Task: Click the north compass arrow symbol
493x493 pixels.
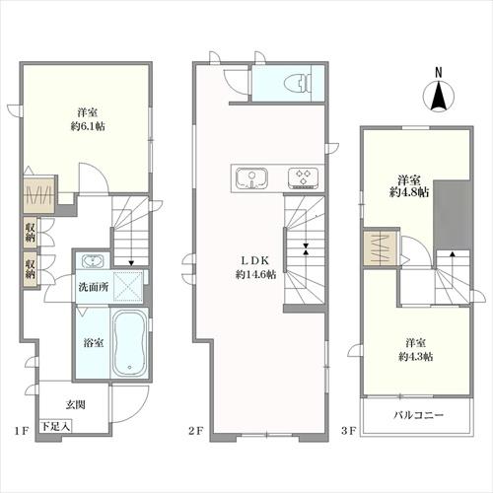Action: click(438, 96)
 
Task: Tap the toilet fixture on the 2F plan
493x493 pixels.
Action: click(299, 83)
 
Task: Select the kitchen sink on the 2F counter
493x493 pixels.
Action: click(252, 178)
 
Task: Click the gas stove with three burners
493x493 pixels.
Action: click(303, 178)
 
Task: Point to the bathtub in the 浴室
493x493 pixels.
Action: click(129, 342)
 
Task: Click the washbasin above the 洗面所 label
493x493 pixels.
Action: click(93, 260)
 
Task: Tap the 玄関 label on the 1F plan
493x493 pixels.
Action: click(76, 404)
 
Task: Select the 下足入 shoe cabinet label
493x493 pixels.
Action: click(55, 426)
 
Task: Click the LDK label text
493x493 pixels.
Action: click(255, 260)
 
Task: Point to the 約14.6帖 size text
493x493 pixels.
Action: click(255, 274)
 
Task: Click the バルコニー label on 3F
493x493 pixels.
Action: click(418, 415)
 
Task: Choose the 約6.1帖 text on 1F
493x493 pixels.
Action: click(88, 126)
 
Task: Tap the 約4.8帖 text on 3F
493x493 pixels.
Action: click(409, 192)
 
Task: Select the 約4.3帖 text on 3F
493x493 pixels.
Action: click(415, 357)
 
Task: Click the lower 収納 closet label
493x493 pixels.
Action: click(31, 269)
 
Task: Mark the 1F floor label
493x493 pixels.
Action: click(23, 431)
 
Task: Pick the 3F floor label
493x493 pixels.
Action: click(349, 431)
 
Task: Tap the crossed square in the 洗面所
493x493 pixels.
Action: click(128, 286)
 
